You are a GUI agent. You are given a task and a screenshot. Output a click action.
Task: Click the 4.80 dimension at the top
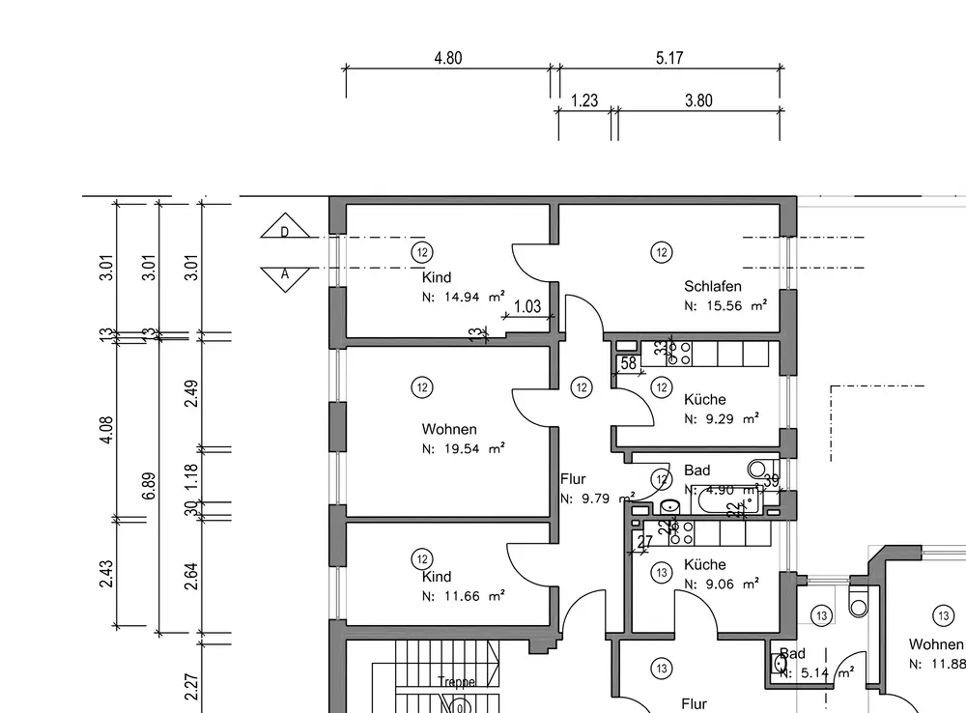[x=448, y=58]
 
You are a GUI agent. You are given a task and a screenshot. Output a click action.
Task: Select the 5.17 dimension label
[x=669, y=58]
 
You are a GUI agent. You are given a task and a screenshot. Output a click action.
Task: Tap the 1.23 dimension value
[x=584, y=100]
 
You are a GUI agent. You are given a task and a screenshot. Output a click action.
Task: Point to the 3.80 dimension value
[x=698, y=100]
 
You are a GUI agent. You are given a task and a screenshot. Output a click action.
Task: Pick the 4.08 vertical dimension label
[x=106, y=430]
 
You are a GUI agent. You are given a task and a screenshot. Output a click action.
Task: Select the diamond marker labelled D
[x=285, y=232]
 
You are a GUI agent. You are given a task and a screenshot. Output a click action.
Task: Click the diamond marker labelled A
[x=285, y=274]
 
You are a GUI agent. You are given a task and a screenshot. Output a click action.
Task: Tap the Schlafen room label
[x=713, y=286]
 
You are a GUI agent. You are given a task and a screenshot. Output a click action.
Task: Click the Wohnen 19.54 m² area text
[x=464, y=448]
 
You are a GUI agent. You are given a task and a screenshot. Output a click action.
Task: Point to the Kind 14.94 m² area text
[x=464, y=298]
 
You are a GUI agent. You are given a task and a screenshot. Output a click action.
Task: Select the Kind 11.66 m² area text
[x=464, y=597]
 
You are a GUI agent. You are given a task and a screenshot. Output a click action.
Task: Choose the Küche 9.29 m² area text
[x=721, y=419]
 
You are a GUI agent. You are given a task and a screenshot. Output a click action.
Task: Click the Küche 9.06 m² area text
[x=721, y=584]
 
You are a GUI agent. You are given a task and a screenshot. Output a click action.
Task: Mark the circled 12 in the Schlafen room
[x=662, y=253]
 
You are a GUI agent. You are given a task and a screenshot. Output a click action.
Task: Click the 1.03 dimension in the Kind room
[x=526, y=307]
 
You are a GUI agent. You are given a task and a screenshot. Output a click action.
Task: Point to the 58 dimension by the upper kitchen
[x=629, y=364]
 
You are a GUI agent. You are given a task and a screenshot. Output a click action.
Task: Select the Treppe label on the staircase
[x=456, y=681]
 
